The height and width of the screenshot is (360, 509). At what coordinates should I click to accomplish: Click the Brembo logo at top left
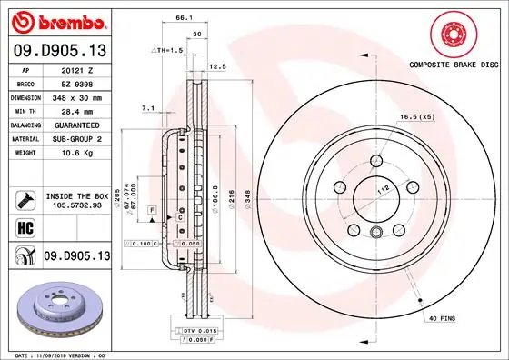[56, 19]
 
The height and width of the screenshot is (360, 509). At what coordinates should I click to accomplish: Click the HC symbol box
[19, 227]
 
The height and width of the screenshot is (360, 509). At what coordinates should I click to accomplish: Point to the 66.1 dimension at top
[182, 17]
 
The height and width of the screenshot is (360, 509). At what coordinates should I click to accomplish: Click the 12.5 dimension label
[216, 66]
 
